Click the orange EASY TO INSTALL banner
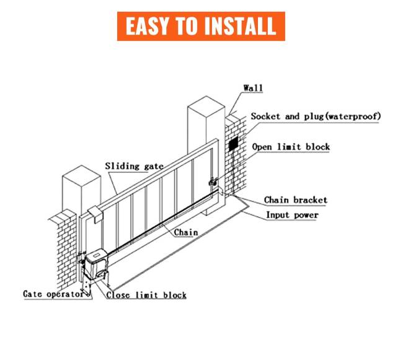[201, 26]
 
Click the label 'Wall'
[252, 88]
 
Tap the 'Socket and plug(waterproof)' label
[316, 116]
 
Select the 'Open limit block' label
[291, 147]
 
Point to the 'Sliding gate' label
[134, 166]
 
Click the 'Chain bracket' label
[296, 200]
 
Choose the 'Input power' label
[292, 215]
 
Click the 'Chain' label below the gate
[185, 232]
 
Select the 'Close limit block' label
[146, 295]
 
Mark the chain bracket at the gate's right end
[214, 182]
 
